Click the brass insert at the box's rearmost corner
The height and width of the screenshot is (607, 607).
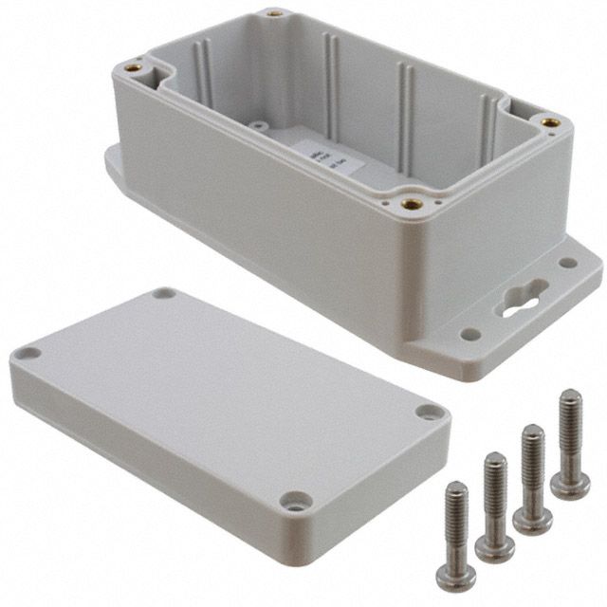point(275,14)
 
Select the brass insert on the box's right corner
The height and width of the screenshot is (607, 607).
point(549,122)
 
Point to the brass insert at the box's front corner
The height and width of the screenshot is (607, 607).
point(411,203)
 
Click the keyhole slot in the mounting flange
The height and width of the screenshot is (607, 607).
point(518,300)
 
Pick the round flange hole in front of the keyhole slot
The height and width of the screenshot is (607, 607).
point(469,334)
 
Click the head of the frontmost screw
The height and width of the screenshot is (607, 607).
point(456,578)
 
